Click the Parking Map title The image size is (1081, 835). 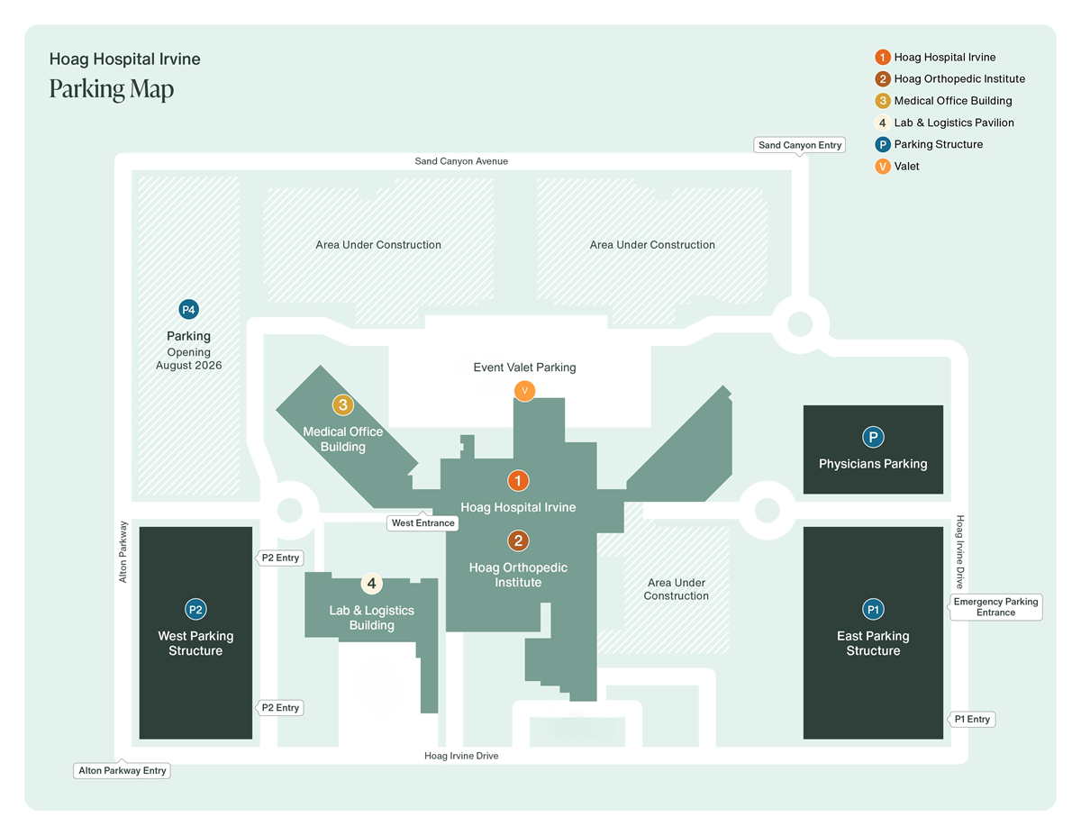(112, 89)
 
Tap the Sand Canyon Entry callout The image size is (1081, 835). (800, 145)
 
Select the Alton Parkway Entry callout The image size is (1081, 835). (123, 771)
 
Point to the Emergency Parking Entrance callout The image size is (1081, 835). (995, 607)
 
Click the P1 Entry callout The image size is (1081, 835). (972, 719)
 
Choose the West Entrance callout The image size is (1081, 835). (423, 522)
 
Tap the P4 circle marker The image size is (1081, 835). (188, 310)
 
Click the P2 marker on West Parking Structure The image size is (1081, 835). (195, 610)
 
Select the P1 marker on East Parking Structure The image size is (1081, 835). (873, 610)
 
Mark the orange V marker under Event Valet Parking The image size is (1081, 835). (524, 390)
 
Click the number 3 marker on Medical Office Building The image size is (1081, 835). (342, 405)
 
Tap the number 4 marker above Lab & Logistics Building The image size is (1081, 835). (371, 584)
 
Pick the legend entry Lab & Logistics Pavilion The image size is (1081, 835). (953, 123)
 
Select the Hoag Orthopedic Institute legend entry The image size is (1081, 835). (958, 79)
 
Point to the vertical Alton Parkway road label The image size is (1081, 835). (123, 551)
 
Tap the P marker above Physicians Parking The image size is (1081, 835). (873, 438)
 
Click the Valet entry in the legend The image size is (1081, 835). (905, 167)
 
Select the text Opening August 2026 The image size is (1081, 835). (188, 359)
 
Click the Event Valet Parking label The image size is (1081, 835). (524, 368)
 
